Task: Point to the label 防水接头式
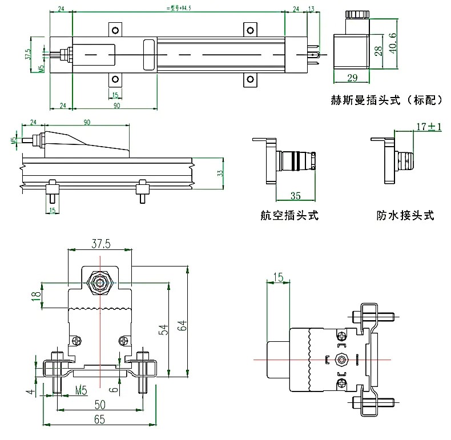pos(405,216)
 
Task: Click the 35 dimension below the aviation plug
pos(296,196)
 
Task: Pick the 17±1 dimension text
pos(429,127)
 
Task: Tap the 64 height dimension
pos(182,326)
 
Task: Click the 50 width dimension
pos(99,405)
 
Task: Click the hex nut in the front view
pos(100,283)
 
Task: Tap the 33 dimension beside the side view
pos(220,173)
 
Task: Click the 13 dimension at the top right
pos(312,9)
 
